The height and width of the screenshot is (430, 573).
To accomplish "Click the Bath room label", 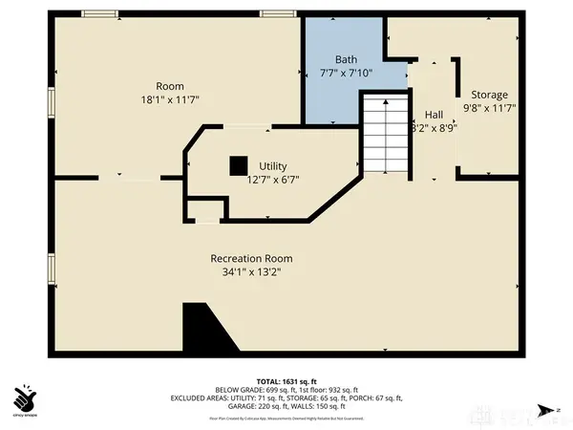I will (x=345, y=58).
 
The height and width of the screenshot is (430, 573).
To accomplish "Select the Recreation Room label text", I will (x=251, y=258).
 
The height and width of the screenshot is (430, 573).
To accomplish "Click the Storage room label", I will (x=488, y=95).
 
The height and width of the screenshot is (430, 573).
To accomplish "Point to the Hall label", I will (x=433, y=113).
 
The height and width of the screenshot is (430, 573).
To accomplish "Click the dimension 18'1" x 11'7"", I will (x=170, y=97).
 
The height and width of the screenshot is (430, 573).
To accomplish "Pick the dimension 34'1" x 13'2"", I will (x=251, y=271).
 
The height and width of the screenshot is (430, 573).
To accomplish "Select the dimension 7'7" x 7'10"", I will (x=345, y=72).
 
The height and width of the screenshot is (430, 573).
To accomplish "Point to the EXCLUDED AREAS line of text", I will (x=286, y=398).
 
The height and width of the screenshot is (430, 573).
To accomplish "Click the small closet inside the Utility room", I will (x=202, y=211).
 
